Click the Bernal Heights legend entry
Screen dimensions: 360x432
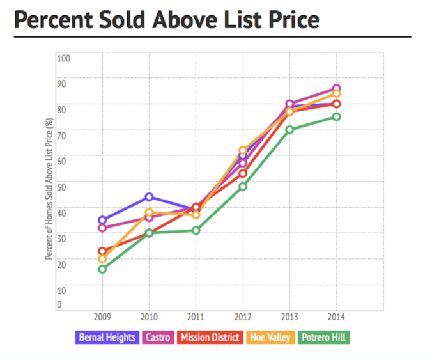(108, 337)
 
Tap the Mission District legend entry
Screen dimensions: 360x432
(210, 337)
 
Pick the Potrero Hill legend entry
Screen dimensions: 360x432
(324, 337)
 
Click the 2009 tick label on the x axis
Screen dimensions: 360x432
(102, 317)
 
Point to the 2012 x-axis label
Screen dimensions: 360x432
(243, 317)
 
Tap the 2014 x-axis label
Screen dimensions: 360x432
(336, 317)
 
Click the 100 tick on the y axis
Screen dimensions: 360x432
(63, 58)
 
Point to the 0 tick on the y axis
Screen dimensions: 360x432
(59, 304)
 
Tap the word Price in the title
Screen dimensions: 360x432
(286, 20)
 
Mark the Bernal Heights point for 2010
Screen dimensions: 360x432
(149, 197)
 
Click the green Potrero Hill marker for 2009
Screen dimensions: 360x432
(102, 269)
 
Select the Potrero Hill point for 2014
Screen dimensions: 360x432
(336, 117)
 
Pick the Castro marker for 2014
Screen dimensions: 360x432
(336, 88)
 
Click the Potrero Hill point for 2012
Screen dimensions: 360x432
(243, 187)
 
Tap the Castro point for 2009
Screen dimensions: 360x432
(102, 228)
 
